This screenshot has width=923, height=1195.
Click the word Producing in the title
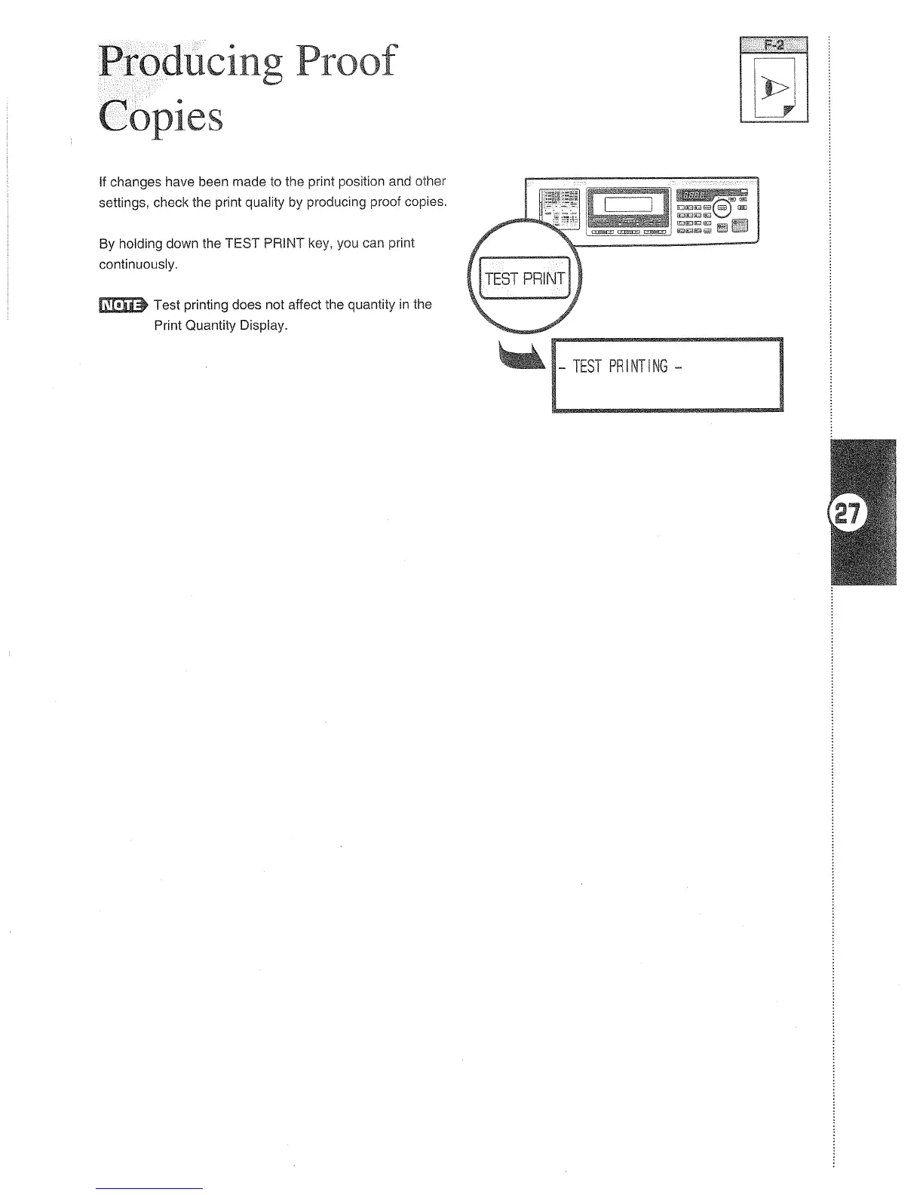tap(191, 62)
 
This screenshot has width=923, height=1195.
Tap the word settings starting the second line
tap(123, 203)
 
